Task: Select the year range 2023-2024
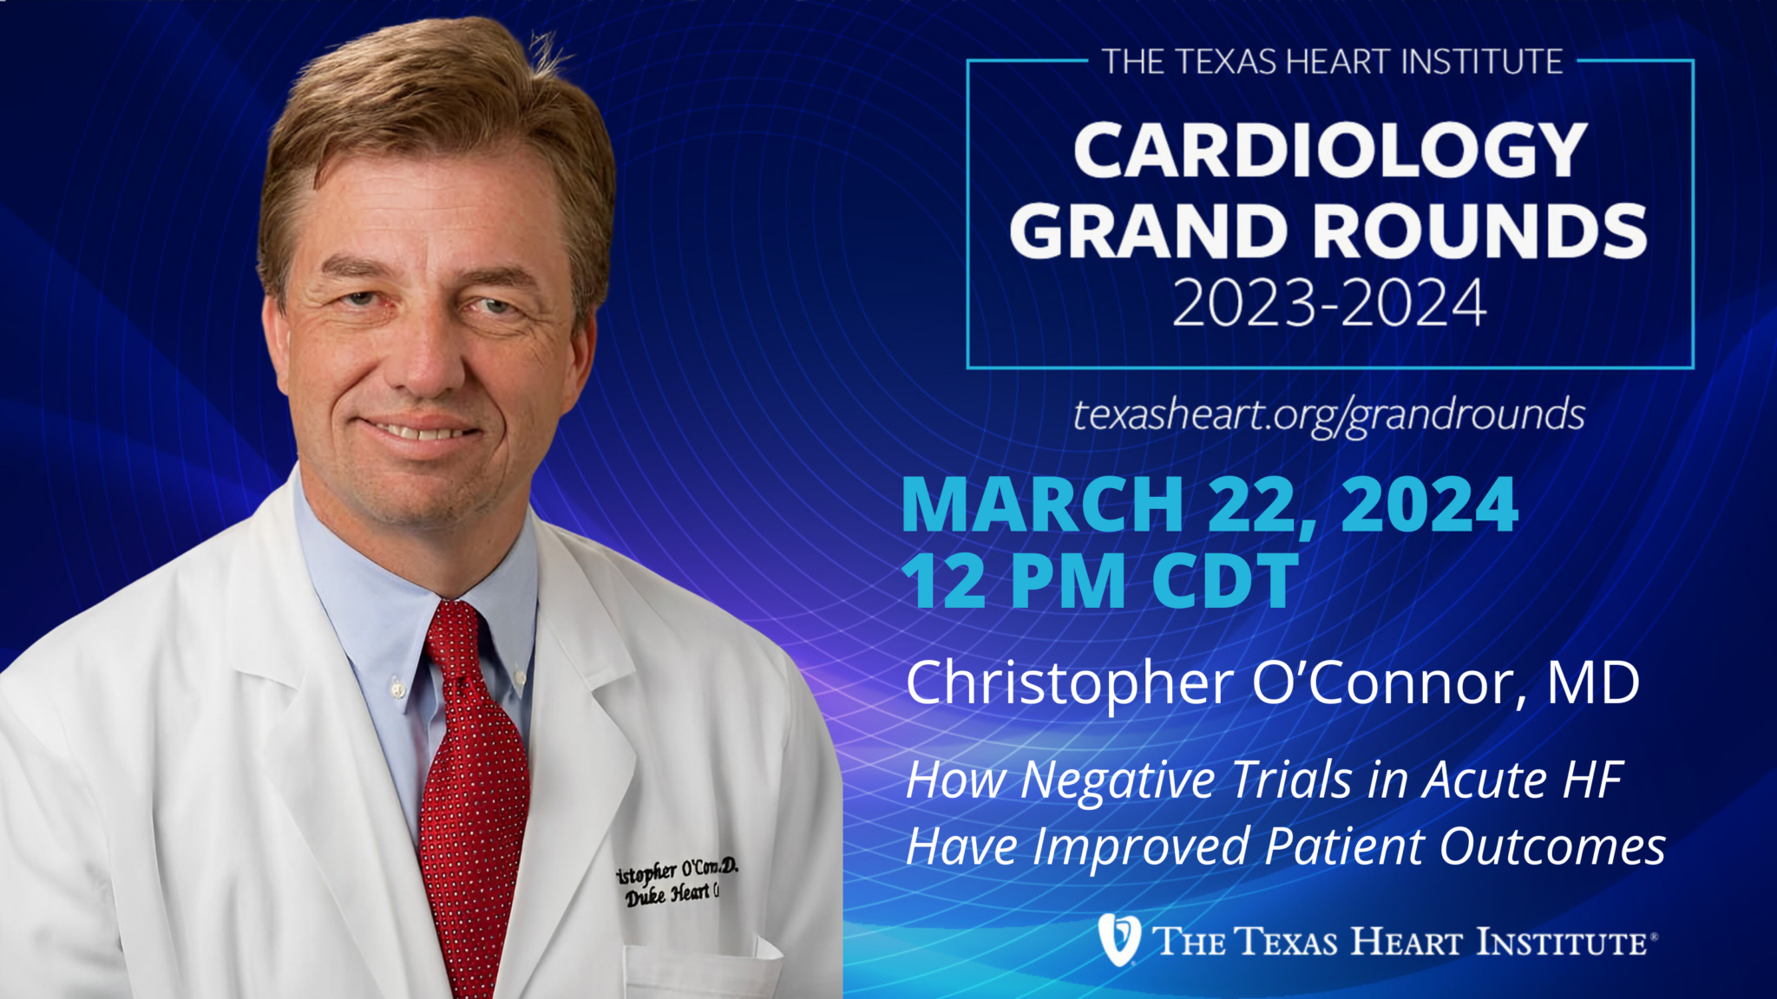pyautogui.click(x=1329, y=304)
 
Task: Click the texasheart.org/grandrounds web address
pyautogui.click(x=1328, y=415)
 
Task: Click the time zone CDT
pyautogui.click(x=1225, y=581)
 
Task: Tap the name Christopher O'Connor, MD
pyautogui.click(x=1272, y=683)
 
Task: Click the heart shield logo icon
pyautogui.click(x=1118, y=939)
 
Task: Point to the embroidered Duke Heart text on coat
pyautogui.click(x=670, y=894)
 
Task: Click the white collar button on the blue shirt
pyautogui.click(x=397, y=689)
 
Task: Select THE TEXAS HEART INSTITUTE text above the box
pyautogui.click(x=1332, y=62)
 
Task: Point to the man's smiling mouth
pyautogui.click(x=421, y=429)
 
